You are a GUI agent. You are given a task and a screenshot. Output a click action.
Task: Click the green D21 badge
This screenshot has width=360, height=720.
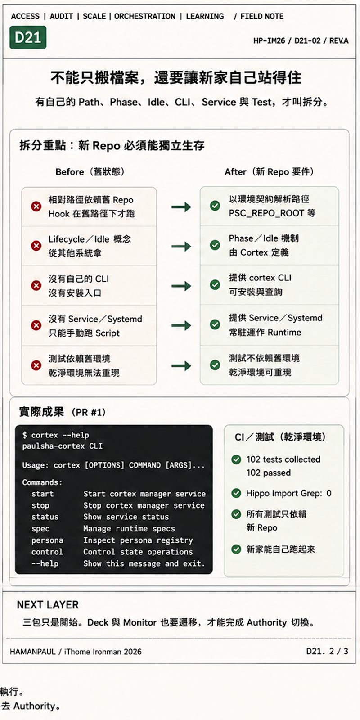pos(28,38)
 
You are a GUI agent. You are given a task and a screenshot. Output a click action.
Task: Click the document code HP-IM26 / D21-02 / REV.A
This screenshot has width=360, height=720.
pos(301,40)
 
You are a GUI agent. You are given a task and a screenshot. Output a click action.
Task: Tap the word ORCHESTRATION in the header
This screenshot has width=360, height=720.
pos(145,16)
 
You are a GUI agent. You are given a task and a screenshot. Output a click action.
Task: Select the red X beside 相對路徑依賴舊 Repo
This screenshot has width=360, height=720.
pos(36,207)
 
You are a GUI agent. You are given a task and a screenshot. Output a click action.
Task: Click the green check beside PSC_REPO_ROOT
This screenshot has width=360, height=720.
pos(215,206)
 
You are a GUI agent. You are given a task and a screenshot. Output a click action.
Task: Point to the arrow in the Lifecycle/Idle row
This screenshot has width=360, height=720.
pos(181,247)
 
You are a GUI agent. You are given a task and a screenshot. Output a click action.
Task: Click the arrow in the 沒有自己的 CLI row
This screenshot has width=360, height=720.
pos(181,286)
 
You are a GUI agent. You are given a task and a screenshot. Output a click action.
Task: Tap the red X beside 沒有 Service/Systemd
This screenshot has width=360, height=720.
pos(36,325)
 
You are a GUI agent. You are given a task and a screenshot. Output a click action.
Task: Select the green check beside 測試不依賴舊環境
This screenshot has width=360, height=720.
pos(215,365)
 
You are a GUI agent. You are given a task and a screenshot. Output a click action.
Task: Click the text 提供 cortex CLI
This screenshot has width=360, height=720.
pos(260,277)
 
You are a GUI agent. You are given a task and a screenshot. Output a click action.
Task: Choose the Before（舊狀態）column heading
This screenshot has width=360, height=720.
pos(90,171)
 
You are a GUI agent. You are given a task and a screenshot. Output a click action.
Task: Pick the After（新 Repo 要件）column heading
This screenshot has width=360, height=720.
pos(270,171)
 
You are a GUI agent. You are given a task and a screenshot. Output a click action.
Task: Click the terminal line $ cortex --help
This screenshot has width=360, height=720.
pos(56,435)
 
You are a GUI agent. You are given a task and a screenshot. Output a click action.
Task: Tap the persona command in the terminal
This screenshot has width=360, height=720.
pos(47,540)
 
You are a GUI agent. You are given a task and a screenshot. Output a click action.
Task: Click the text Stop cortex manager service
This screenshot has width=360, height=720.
pos(144,505)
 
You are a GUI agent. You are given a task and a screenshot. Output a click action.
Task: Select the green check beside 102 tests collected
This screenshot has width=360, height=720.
pos(236,459)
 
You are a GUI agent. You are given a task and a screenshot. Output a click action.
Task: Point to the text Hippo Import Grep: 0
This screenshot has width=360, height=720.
pos(288,493)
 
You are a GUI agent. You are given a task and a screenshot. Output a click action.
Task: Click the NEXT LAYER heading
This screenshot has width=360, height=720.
pos(48,605)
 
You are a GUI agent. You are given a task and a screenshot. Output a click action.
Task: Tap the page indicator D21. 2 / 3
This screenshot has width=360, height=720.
pos(327,651)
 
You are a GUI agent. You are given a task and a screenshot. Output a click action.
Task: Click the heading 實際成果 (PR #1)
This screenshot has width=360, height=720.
pos(63,412)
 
